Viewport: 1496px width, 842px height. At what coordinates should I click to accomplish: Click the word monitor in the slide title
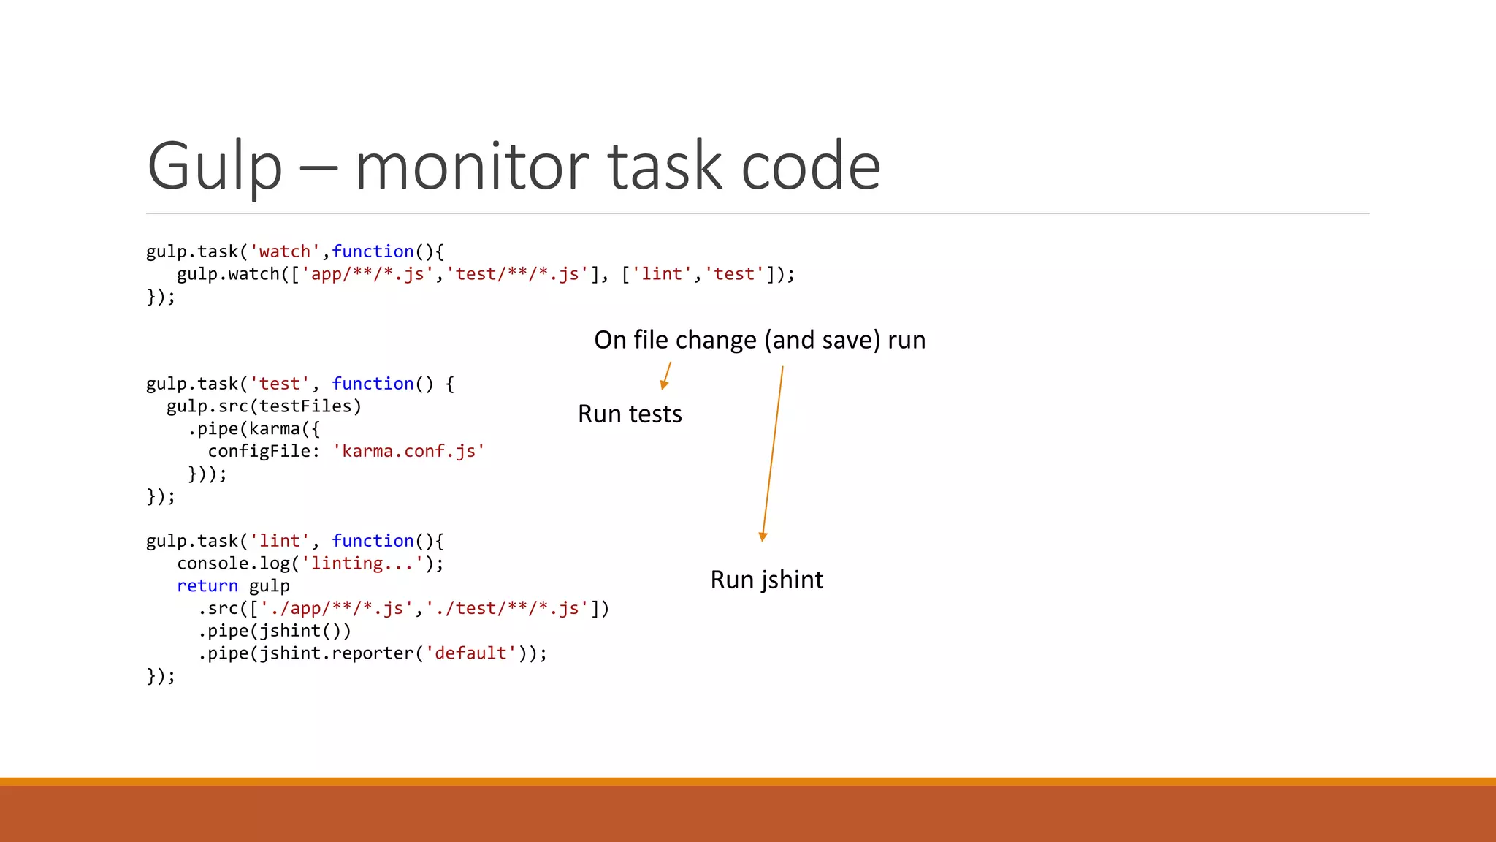472,167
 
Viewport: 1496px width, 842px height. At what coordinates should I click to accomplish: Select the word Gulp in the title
214,168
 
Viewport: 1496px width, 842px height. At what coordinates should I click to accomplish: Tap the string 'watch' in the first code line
285,251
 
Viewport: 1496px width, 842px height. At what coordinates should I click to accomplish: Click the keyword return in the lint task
207,586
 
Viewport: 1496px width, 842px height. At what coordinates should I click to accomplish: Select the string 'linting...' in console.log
362,564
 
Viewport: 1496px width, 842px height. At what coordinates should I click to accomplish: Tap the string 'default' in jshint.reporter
471,653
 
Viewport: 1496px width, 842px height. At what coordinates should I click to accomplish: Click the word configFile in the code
259,451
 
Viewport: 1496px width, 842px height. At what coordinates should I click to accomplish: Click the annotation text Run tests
630,414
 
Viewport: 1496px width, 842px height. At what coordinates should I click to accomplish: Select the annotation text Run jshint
766,580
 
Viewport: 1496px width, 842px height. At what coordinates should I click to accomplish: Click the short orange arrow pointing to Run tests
666,376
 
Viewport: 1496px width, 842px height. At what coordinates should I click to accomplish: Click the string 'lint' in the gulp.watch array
662,274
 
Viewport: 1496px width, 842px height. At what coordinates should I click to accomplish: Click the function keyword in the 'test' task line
373,384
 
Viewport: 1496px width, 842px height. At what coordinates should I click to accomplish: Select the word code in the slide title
811,167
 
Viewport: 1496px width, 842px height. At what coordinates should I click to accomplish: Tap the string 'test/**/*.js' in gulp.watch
517,274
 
